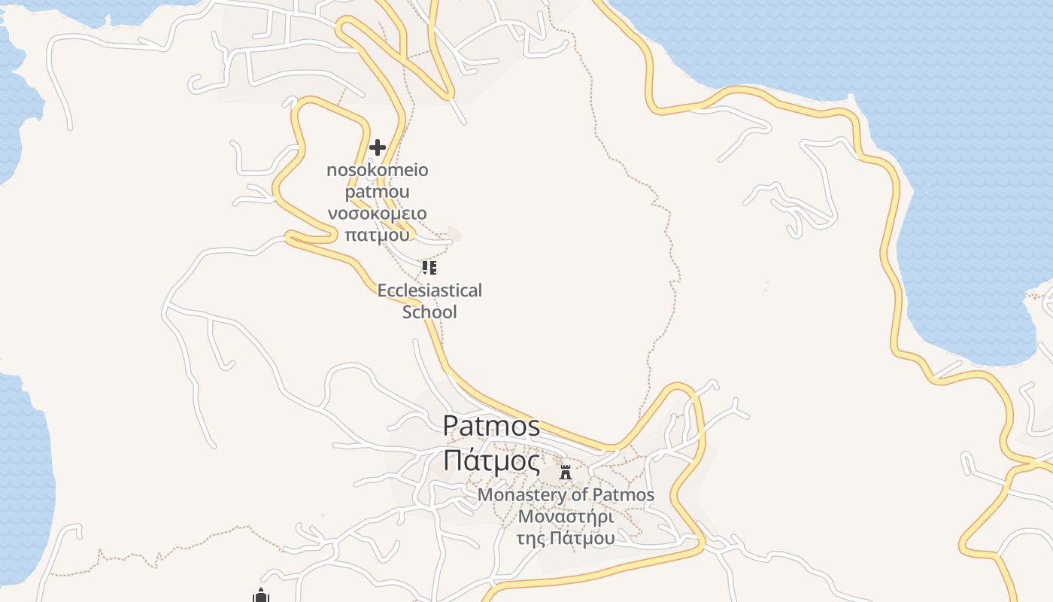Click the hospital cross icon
pyautogui.click(x=378, y=147)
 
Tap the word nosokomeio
pyautogui.click(x=378, y=170)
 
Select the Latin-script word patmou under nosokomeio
pyautogui.click(x=378, y=191)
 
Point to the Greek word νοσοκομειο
pyautogui.click(x=378, y=213)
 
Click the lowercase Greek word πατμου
pyautogui.click(x=378, y=234)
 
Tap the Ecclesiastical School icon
pyautogui.click(x=429, y=268)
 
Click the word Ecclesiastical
pyautogui.click(x=429, y=290)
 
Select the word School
pyautogui.click(x=429, y=312)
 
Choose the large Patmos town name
pyautogui.click(x=491, y=426)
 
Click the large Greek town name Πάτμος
pyautogui.click(x=491, y=461)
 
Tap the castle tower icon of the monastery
pyautogui.click(x=566, y=473)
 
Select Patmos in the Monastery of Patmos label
pyautogui.click(x=624, y=495)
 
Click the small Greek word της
pyautogui.click(x=531, y=539)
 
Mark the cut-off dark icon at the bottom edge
pyautogui.click(x=261, y=596)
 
